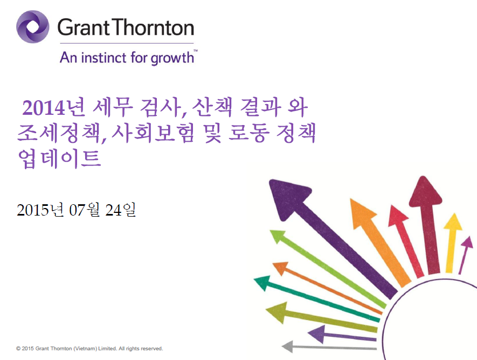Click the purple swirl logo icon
point(32,27)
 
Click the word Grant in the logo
point(84,27)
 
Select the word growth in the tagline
point(172,58)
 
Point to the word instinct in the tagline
point(103,58)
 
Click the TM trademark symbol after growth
point(196,51)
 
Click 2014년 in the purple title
point(53,108)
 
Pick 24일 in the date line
point(120,210)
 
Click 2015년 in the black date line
point(40,210)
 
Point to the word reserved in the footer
point(153,349)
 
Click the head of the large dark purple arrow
point(288,198)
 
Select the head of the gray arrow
point(288,347)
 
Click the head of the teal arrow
point(263,282)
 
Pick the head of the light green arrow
point(278,236)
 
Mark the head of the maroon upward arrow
point(425,191)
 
